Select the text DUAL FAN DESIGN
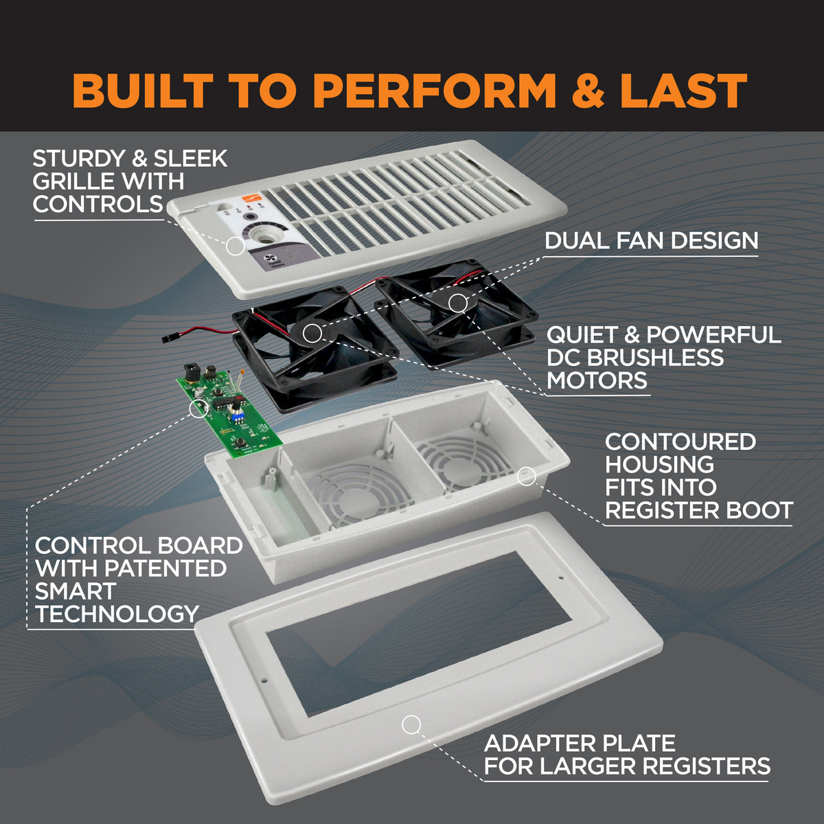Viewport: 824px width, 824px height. click(651, 240)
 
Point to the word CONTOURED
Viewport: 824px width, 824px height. click(680, 442)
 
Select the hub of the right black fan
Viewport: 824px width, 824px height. click(457, 302)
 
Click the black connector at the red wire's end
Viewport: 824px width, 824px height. click(166, 339)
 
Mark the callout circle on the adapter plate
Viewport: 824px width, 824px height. click(411, 724)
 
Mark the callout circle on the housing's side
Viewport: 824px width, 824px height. click(526, 475)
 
